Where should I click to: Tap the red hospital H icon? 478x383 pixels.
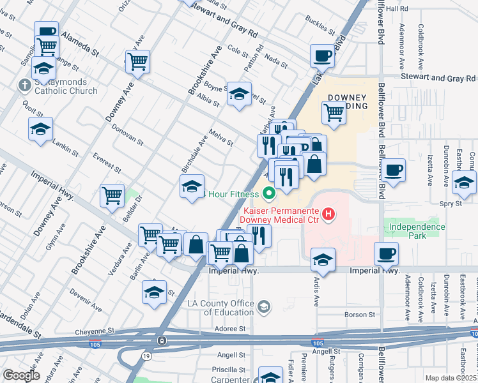pyautogui.click(x=328, y=213)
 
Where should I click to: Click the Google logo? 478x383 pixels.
pyautogui.click(x=20, y=375)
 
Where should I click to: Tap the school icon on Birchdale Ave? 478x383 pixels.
pyautogui.click(x=192, y=187)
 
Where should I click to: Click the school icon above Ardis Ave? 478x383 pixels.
pyautogui.click(x=323, y=259)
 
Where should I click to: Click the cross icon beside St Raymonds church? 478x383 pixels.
pyautogui.click(x=24, y=85)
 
